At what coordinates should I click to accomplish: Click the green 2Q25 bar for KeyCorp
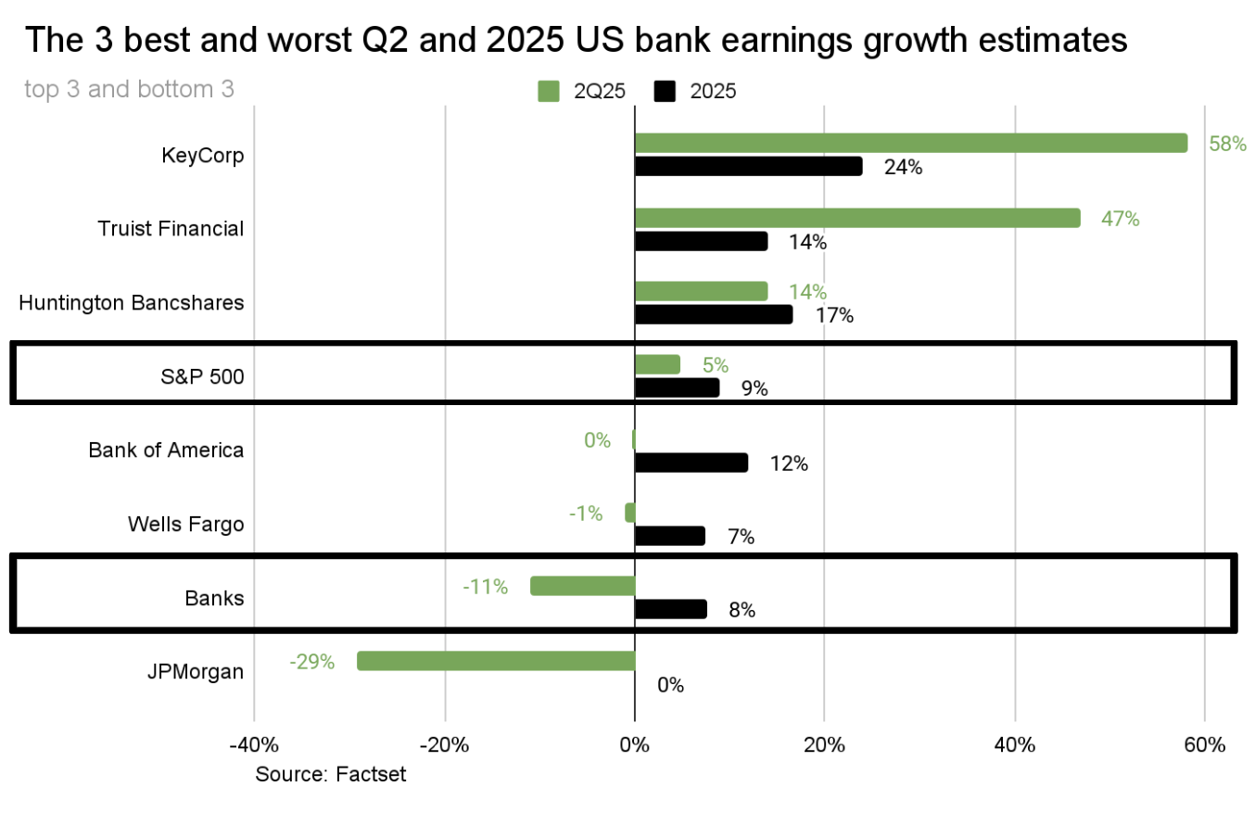point(910,143)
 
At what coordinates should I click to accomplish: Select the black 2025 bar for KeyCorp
point(748,167)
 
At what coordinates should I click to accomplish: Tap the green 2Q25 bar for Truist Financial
point(857,218)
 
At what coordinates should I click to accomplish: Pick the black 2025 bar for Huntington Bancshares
point(714,315)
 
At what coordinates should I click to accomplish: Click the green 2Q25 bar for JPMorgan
point(496,661)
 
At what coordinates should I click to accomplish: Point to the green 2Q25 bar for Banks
point(582,586)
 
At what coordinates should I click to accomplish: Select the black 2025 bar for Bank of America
point(691,463)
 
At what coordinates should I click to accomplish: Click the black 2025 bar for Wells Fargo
point(669,536)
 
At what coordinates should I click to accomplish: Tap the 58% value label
point(1228,144)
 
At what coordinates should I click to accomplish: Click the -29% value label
point(311,662)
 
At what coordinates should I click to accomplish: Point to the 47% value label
point(1120,219)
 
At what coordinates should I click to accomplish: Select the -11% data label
point(486,587)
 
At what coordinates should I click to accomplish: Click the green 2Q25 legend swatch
point(549,91)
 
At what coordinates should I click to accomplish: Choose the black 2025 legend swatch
point(666,91)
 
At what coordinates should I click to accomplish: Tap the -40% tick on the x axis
point(253,744)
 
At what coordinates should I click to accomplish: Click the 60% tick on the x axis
point(1205,744)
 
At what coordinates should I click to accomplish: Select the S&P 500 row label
point(203,376)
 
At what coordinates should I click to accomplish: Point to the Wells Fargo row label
point(186,525)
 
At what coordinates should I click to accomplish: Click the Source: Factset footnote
point(330,774)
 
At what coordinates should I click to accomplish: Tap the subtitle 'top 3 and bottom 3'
point(129,90)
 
